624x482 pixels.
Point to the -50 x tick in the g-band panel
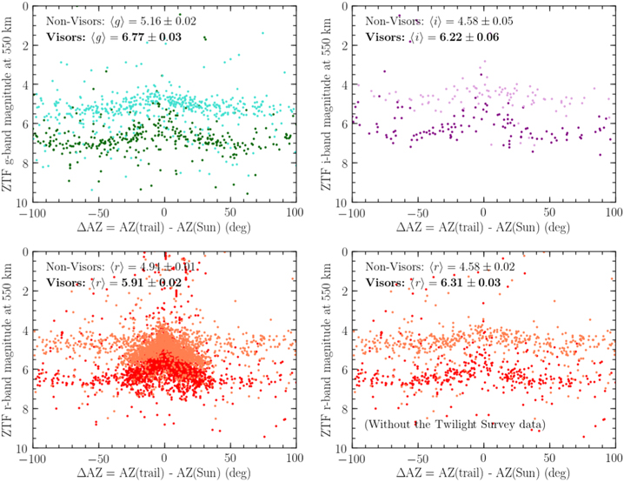click(96, 211)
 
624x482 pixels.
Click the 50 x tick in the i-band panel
click(549, 211)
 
